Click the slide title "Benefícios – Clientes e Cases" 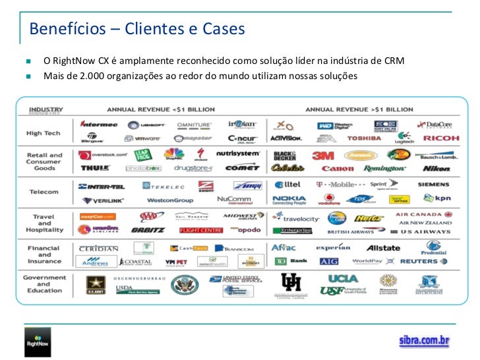[x=136, y=30]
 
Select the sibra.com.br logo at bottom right [x=424, y=341]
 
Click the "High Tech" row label [x=44, y=133]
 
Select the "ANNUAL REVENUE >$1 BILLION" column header [x=355, y=109]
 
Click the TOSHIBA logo [x=364, y=138]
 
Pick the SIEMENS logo [x=435, y=185]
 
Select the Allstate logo [x=383, y=248]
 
